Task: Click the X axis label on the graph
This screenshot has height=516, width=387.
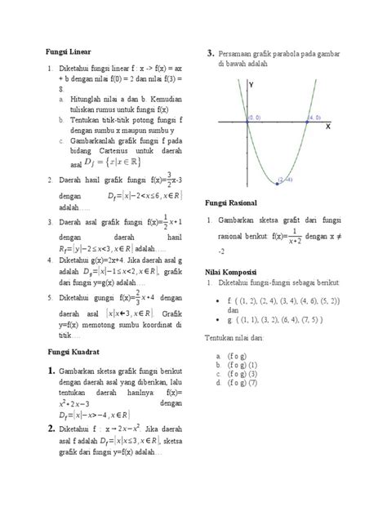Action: coord(327,127)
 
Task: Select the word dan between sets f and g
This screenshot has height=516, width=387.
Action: coord(233,311)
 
